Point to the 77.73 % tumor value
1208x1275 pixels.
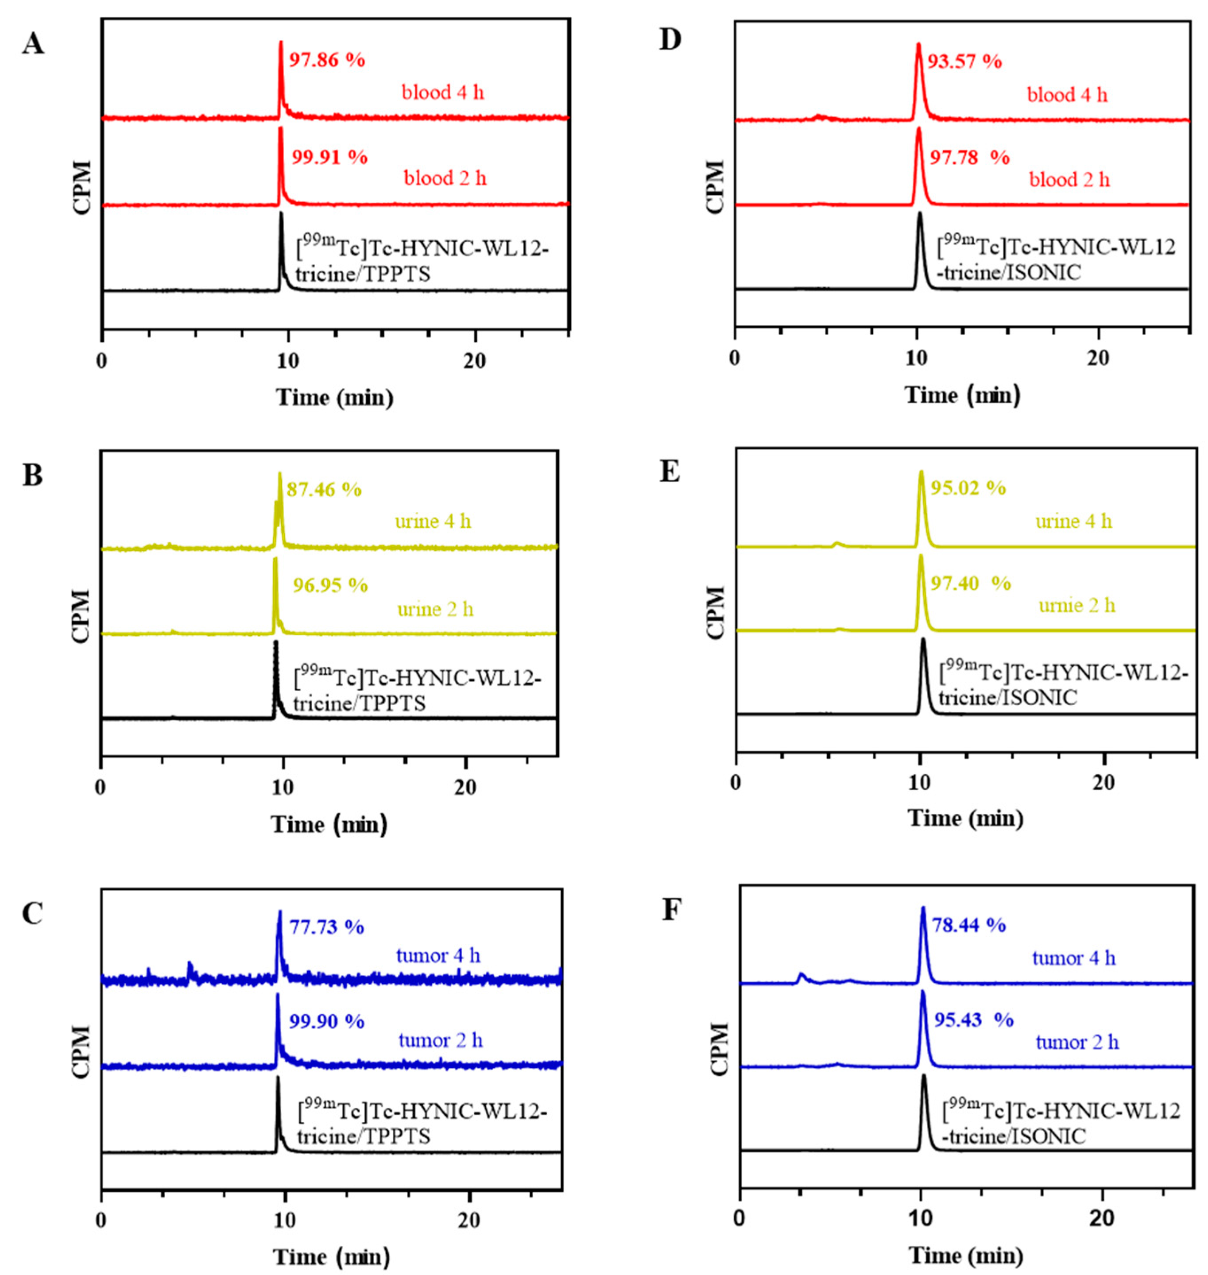326,927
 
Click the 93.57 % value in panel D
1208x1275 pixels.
964,62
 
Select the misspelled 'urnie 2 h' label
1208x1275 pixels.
1076,606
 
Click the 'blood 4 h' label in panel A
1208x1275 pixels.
442,93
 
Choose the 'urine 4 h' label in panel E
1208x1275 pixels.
1073,522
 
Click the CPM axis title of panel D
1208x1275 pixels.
716,187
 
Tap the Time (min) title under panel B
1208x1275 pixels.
329,824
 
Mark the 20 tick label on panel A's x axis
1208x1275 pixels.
475,361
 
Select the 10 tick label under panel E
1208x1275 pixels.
920,783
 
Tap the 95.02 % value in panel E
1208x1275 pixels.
968,488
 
